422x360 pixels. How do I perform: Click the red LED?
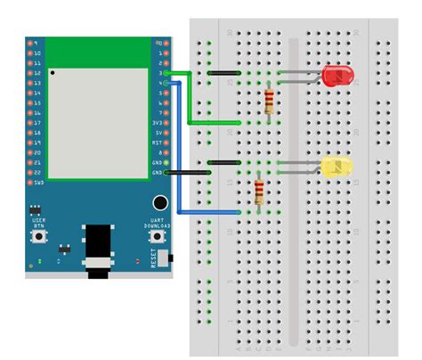337,76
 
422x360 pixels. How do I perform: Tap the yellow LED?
337,167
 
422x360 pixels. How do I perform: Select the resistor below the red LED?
269,101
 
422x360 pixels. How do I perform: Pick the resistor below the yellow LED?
259,192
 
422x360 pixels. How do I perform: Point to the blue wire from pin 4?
181,151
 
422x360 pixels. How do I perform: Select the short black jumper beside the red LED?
223,72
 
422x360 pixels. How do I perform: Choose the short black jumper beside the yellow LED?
223,163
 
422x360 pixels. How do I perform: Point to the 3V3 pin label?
158,121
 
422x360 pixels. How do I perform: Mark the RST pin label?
158,142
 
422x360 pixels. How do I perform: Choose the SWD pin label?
37,182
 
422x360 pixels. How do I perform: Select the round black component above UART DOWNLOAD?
160,204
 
